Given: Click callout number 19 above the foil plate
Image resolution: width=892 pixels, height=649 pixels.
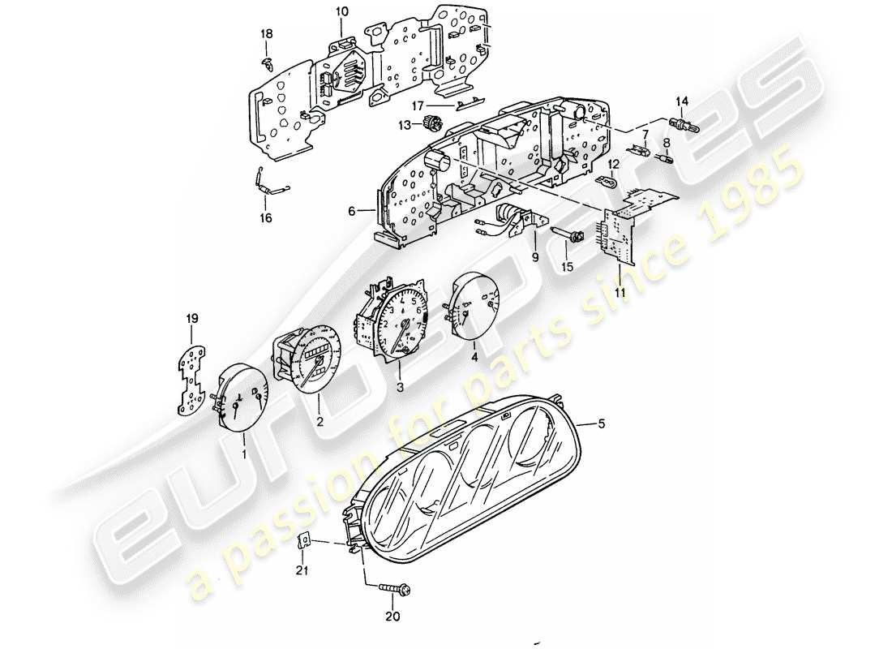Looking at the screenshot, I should point(192,317).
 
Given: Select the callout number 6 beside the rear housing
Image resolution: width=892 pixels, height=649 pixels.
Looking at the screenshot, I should point(351,212).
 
